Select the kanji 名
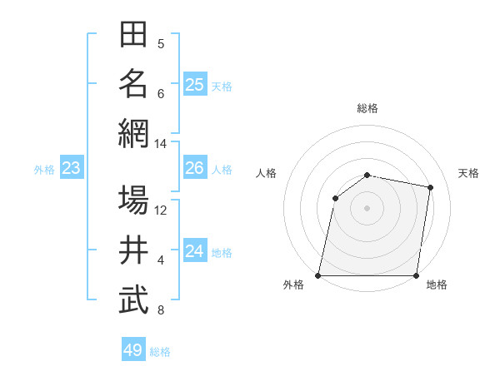133,84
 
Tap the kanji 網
133,134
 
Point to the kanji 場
133,200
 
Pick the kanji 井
133,250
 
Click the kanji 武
133,300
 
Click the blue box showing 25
195,84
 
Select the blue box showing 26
195,168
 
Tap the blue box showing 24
195,251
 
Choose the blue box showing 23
72,168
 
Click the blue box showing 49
133,350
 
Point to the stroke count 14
161,144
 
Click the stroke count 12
161,210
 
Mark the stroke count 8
161,310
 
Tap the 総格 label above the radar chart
367,108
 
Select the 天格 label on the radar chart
468,173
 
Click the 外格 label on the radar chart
293,285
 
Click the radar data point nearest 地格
417,275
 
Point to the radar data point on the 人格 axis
335,198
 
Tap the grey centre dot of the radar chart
367,207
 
